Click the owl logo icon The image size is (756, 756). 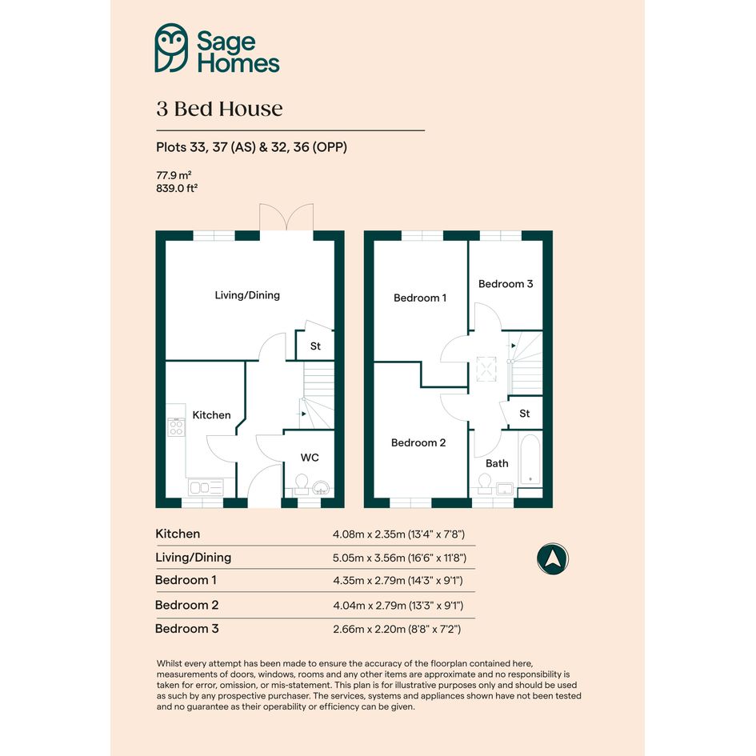pos(172,48)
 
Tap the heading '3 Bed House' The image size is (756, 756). pos(219,109)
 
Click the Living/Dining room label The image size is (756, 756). pos(247,295)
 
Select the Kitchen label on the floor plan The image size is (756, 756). pos(211,415)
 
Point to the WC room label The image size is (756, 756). pos(310,458)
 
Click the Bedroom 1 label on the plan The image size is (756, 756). pos(420,298)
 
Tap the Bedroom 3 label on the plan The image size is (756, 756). pos(506,284)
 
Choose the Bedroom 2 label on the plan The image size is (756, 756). pos(418,442)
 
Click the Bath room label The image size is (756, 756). pos(497,463)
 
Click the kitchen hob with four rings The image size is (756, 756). pos(176,427)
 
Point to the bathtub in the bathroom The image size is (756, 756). pos(530,461)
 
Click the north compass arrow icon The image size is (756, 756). pos(553,559)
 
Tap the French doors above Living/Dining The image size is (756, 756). pos(286,217)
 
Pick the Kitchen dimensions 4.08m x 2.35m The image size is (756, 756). pos(398,534)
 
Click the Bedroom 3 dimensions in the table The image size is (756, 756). pos(397,629)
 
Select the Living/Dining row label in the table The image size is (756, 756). pos(194,558)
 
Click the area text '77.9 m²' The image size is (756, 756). pos(174,175)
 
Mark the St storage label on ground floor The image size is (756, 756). pos(315,346)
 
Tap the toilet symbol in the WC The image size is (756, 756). pos(302,484)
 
